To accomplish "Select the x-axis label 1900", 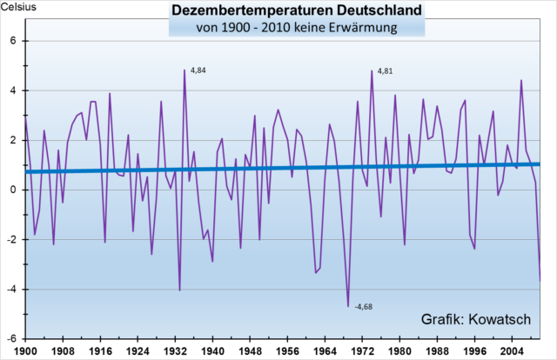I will pyautogui.click(x=25, y=352).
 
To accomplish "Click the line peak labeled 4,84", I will pyautogui.click(x=185, y=70).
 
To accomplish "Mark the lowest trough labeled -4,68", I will pyautogui.click(x=348, y=306).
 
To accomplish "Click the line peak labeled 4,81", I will pyautogui.click(x=372, y=70).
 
